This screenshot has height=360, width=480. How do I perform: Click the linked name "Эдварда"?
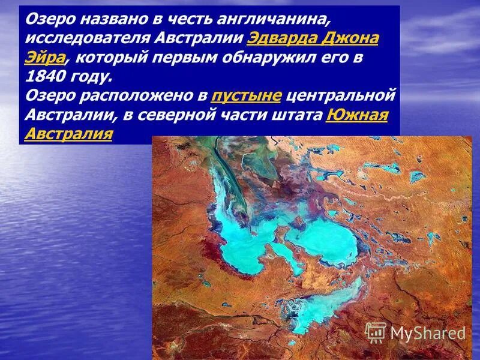[x=282, y=39]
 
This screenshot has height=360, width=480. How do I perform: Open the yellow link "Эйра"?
[x=44, y=58]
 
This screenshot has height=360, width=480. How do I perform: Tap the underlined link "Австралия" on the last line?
[x=68, y=134]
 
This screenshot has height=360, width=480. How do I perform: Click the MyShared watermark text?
[x=428, y=332]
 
